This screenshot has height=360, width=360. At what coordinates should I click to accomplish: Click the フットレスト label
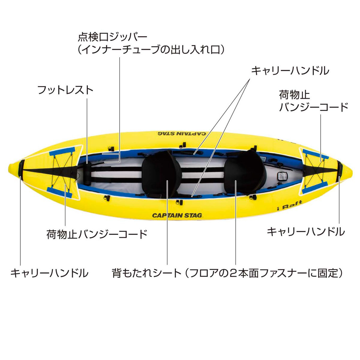[65, 90]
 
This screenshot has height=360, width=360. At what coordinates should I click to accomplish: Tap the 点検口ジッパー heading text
[112, 37]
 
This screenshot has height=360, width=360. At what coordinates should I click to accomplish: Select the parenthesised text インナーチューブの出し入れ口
[151, 50]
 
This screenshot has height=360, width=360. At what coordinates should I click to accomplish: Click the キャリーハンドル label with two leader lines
[290, 70]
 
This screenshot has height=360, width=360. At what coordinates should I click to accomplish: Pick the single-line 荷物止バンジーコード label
[97, 234]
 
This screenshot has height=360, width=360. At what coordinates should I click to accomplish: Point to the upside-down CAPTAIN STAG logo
[182, 133]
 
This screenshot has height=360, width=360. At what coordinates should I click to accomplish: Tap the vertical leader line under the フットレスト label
[87, 130]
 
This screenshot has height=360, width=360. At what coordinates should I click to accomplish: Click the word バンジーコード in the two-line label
[314, 107]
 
